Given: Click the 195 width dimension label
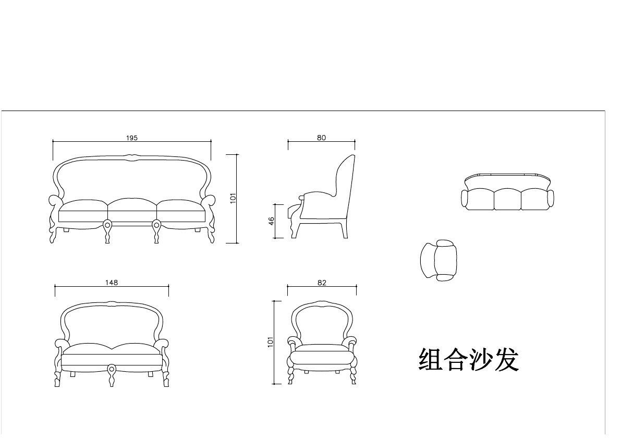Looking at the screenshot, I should pyautogui.click(x=131, y=138).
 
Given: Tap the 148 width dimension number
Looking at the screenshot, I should pyautogui.click(x=112, y=283).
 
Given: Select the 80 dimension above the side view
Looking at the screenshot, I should pyautogui.click(x=321, y=138).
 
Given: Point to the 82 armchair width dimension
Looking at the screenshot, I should pyautogui.click(x=322, y=283).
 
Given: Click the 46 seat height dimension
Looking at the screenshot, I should pyautogui.click(x=272, y=221).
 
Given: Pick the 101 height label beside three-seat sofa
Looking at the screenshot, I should pyautogui.click(x=234, y=198).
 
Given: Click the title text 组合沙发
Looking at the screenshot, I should pyautogui.click(x=468, y=360).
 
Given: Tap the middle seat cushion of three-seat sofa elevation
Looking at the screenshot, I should pyautogui.click(x=132, y=205).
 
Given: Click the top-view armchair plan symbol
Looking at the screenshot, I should pyautogui.click(x=439, y=260).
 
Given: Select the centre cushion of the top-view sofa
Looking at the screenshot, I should pyautogui.click(x=507, y=199).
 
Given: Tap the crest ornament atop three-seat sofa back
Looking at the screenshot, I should pyautogui.click(x=131, y=156).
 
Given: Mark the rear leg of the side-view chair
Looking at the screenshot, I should pyautogui.click(x=345, y=230).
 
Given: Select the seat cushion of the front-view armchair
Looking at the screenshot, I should pyautogui.click(x=322, y=356).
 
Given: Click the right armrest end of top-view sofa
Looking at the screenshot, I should pyautogui.click(x=550, y=198).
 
